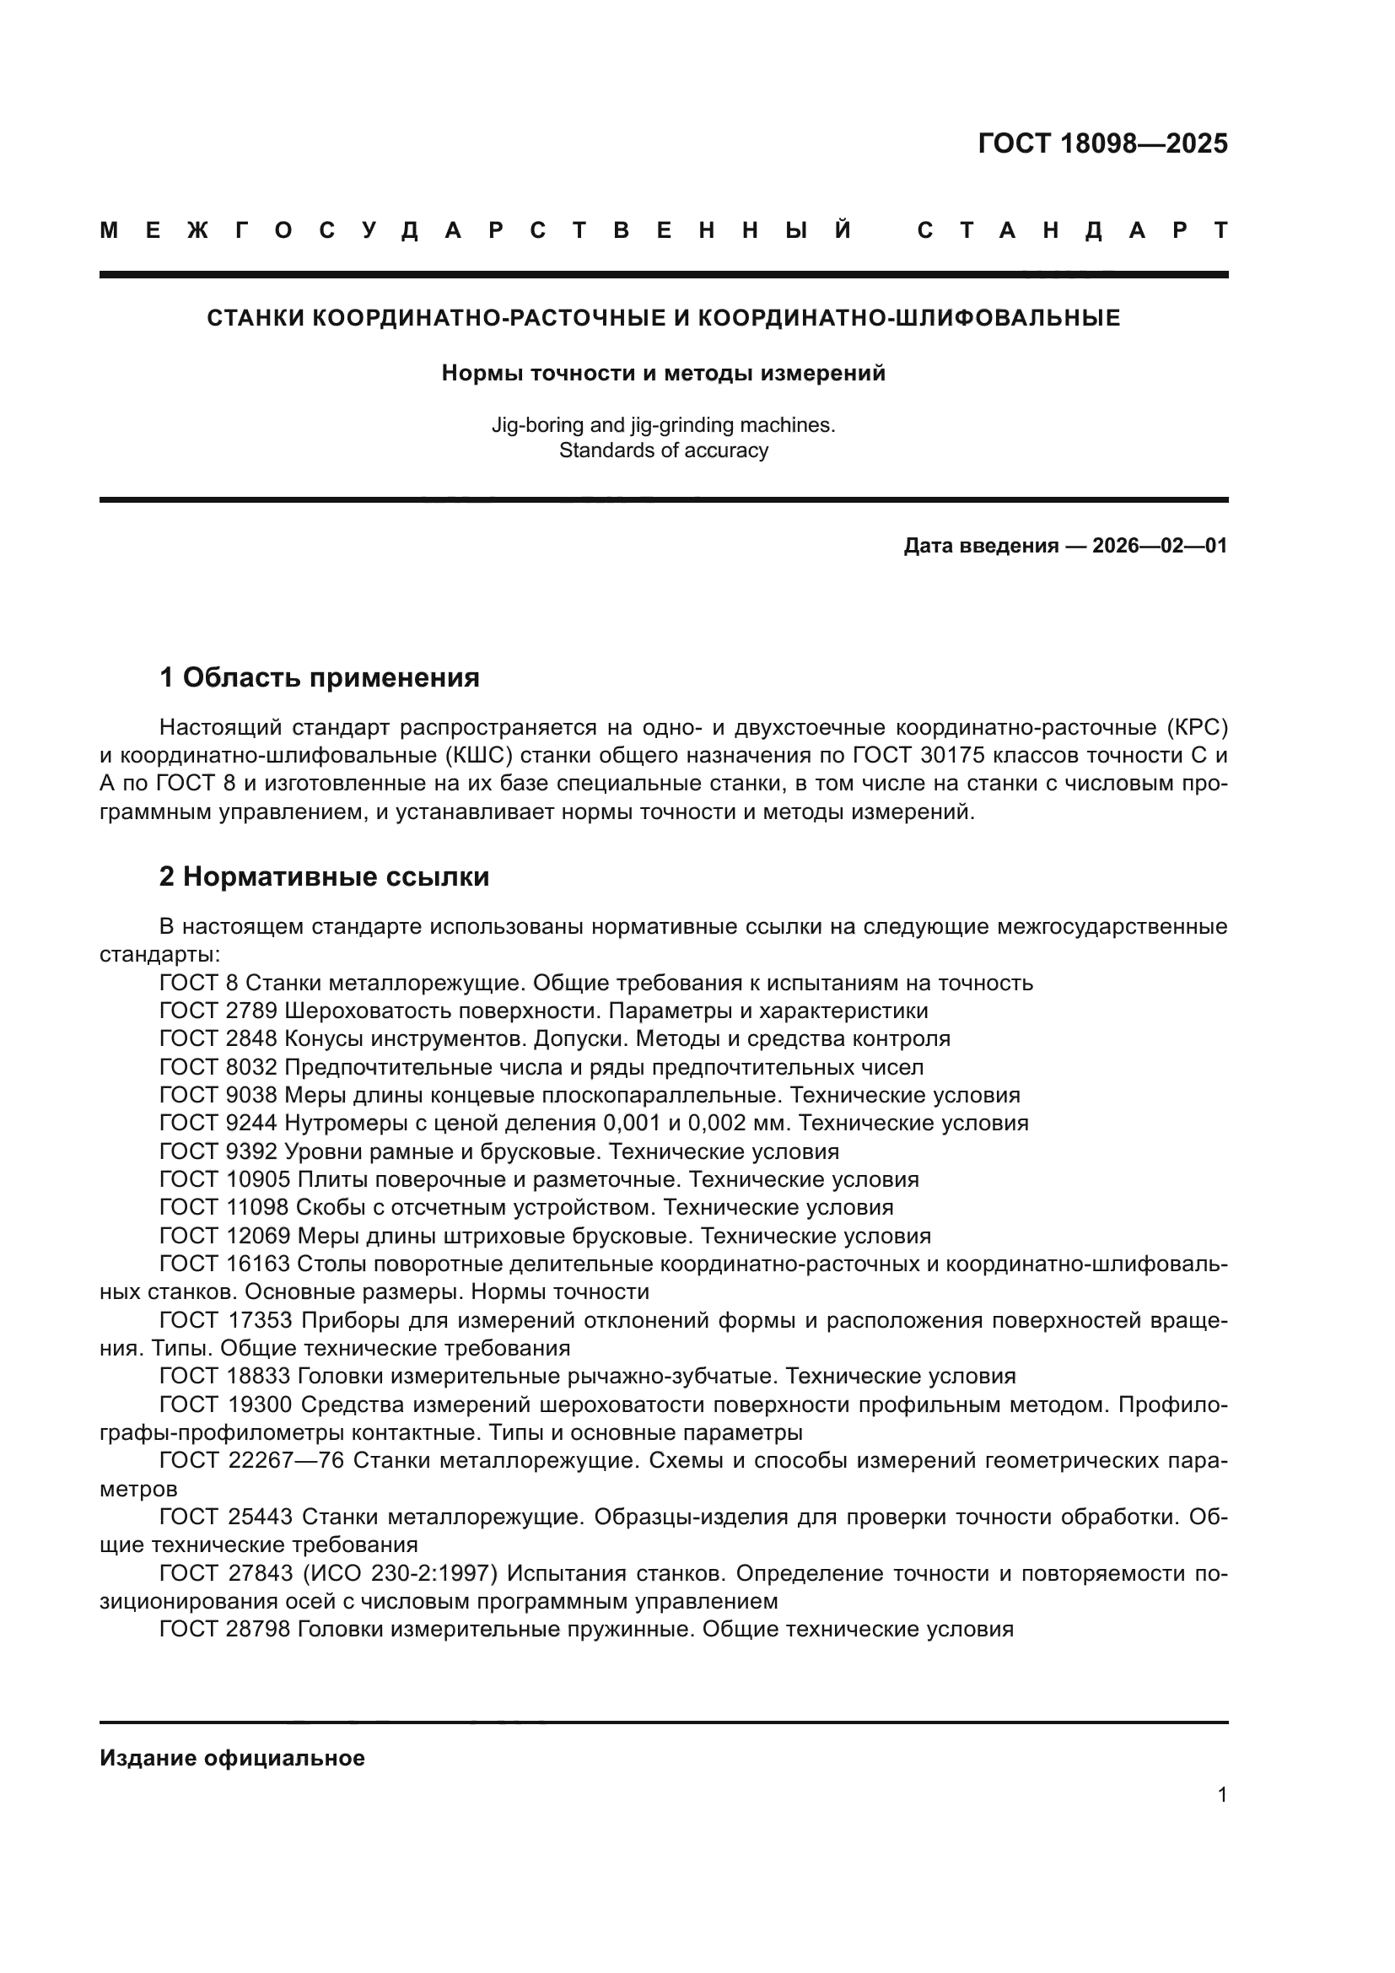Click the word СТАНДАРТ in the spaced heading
[1072, 230]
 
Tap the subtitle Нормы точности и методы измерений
[663, 373]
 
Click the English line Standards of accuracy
[663, 450]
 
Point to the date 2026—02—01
[1160, 546]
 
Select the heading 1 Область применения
[320, 677]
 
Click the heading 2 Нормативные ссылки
[324, 876]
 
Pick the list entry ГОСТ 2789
[218, 1011]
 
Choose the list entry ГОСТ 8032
[218, 1067]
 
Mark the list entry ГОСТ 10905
[224, 1179]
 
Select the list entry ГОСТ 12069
[224, 1236]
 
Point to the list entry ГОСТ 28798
[224, 1630]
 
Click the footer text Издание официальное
[232, 1758]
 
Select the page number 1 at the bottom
[1221, 1819]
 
